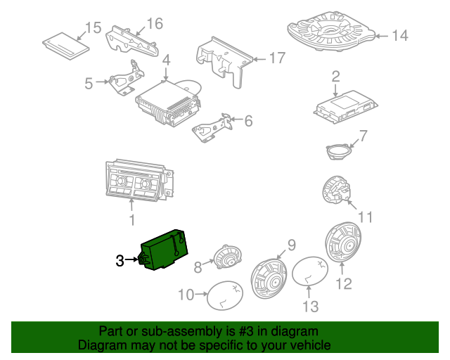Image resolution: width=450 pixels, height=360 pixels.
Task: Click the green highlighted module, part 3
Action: coord(164,250)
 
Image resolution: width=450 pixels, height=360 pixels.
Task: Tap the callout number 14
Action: coord(400,36)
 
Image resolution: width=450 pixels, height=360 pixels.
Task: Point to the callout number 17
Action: coord(277,58)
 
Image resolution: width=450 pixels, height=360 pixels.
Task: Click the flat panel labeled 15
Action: coord(65,46)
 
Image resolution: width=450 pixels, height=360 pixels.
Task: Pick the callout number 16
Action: coord(155,23)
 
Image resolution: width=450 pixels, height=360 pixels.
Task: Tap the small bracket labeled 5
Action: coord(126,78)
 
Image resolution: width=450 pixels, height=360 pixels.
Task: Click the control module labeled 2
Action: coord(345,107)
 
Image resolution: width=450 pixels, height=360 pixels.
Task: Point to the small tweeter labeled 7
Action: coord(339,151)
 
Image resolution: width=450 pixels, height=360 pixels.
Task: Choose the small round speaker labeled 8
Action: coord(228,257)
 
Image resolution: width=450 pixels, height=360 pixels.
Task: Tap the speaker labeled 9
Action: coord(269,278)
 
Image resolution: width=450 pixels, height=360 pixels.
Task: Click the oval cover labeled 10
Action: coord(225,295)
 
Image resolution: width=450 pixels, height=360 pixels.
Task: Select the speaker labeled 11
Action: coord(336,190)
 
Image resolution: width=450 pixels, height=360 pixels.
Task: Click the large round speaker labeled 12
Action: coord(343,242)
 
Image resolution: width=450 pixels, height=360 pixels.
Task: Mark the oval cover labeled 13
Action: coord(310,271)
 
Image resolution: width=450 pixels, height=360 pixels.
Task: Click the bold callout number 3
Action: coord(120,261)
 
